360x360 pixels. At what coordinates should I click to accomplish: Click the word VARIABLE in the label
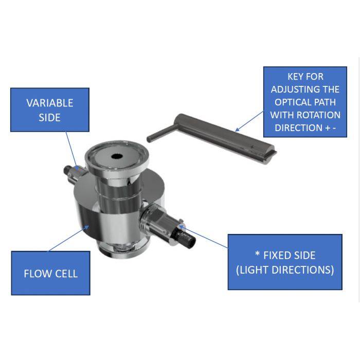pos(50,103)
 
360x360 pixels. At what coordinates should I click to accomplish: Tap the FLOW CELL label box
pos(51,273)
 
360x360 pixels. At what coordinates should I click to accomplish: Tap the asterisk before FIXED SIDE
pos(257,254)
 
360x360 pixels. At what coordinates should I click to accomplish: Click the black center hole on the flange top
pos(117,156)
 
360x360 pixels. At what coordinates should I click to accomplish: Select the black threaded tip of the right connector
pos(187,239)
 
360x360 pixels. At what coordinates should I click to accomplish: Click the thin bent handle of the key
pos(160,133)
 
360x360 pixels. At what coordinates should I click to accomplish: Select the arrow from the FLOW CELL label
pos(69,238)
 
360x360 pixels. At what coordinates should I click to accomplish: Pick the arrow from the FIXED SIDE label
pos(203,237)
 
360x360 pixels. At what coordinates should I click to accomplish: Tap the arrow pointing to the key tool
pos(249,121)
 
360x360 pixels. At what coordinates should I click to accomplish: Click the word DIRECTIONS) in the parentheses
pos(302,270)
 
